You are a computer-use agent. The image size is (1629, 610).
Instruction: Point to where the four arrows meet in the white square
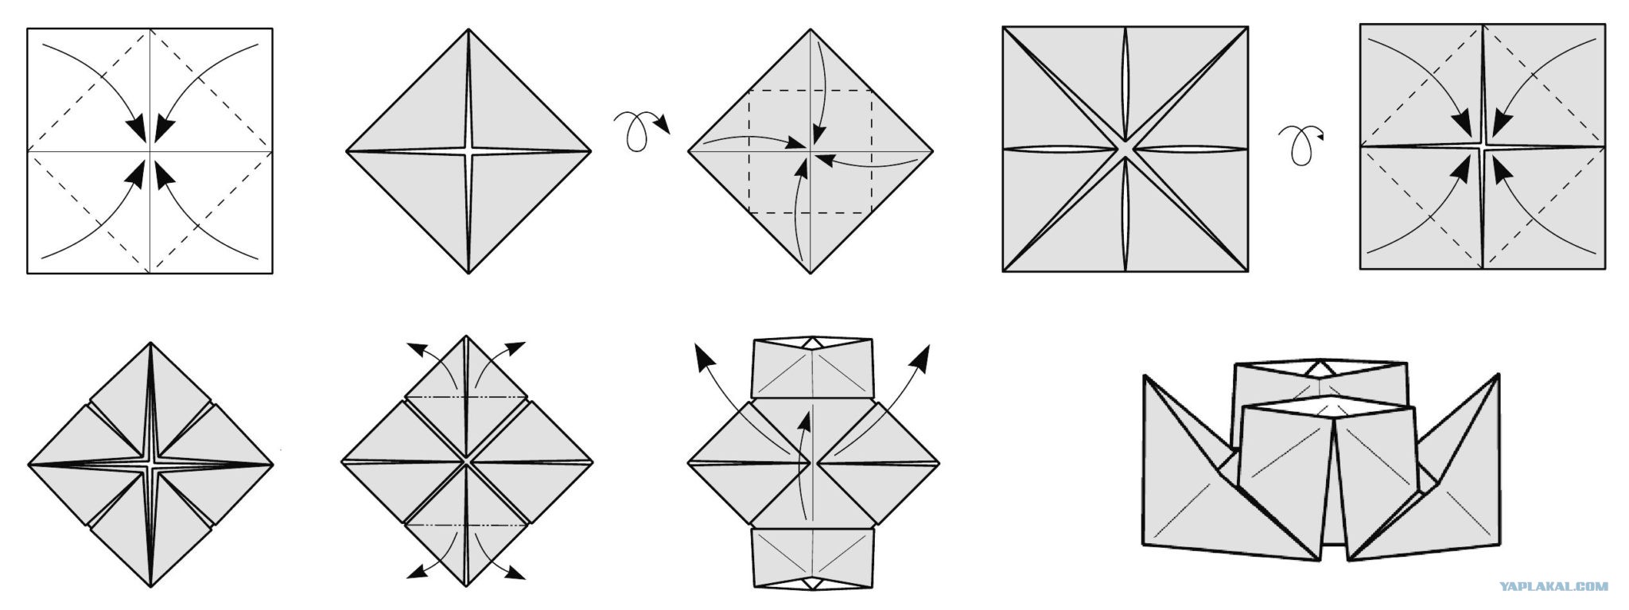point(150,150)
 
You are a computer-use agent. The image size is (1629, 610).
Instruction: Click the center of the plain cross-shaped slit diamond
point(468,150)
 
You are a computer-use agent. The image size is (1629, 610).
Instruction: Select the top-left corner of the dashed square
point(749,90)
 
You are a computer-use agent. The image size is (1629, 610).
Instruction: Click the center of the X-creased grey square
point(1125,150)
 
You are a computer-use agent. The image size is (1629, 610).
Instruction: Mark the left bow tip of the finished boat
point(1144,375)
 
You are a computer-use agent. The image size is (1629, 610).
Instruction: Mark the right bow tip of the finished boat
point(1499,374)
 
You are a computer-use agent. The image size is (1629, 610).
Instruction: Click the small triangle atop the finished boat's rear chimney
point(1320,369)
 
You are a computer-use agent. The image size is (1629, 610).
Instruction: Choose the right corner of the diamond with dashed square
point(932,150)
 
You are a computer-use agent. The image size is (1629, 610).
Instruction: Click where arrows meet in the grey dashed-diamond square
point(1482,147)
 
